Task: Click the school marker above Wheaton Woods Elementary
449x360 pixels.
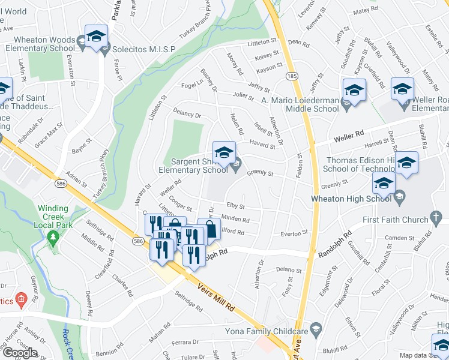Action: tap(96, 37)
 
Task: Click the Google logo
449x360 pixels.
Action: tap(20, 353)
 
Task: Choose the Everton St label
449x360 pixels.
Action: tap(294, 232)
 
